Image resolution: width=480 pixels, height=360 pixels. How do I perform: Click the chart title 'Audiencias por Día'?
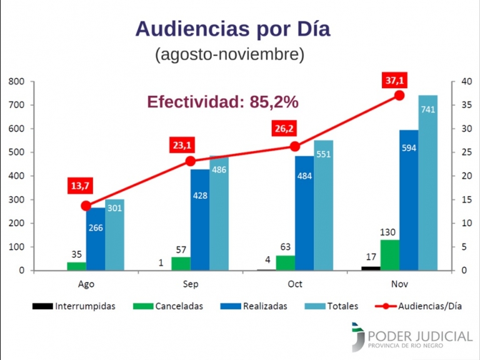tap(232, 29)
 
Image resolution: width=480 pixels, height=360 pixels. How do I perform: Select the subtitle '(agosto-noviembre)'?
tap(229, 54)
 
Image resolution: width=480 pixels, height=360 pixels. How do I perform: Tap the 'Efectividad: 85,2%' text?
tap(222, 101)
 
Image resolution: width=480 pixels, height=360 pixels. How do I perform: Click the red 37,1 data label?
tap(396, 81)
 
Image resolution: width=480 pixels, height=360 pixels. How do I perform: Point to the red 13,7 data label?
tap(80, 186)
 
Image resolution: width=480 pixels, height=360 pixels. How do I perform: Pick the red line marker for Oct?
tap(295, 146)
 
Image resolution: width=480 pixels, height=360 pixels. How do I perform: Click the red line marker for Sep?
tap(191, 161)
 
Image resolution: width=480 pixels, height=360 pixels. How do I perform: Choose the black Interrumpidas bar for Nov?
tap(371, 268)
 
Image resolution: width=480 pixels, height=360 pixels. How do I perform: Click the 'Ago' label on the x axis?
tap(86, 284)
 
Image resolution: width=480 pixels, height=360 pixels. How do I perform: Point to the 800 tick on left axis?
tap(16, 82)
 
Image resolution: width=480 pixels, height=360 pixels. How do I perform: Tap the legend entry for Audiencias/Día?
tap(419, 306)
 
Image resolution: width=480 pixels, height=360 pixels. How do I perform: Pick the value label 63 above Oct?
tap(285, 247)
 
